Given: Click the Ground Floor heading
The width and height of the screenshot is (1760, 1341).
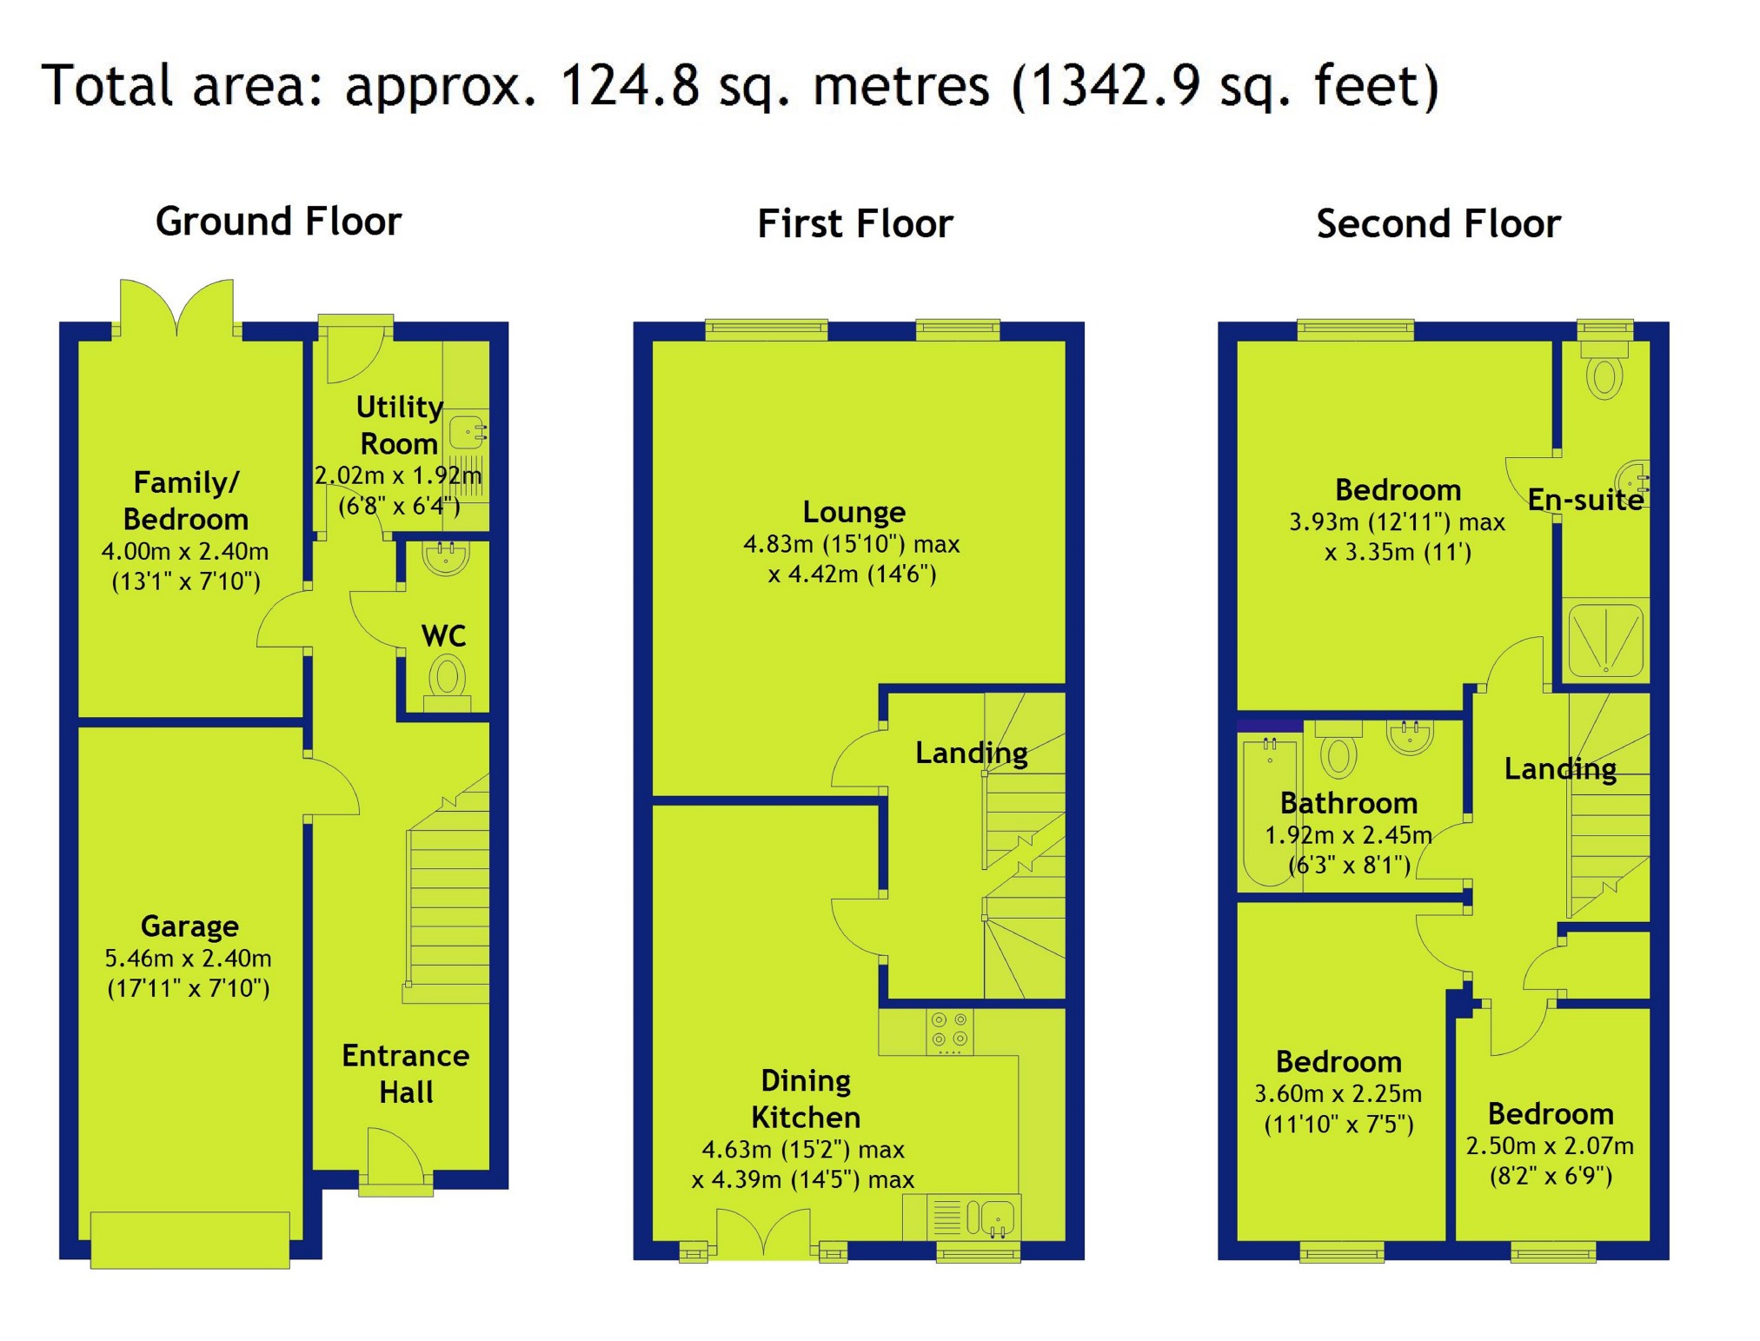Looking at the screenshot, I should [x=278, y=222].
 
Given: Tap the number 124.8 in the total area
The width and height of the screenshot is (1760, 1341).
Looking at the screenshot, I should [x=629, y=85].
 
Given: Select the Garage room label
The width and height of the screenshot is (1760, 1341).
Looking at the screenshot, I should [x=189, y=926].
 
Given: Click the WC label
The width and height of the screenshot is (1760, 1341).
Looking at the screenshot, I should [x=443, y=635].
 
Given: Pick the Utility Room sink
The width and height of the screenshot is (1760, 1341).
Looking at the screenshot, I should [x=468, y=431].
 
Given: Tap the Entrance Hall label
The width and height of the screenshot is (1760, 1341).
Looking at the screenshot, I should [x=405, y=1073].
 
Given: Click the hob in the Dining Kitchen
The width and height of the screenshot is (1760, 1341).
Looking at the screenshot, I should [x=949, y=1031].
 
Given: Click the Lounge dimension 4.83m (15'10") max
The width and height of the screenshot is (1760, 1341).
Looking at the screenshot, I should [x=851, y=544].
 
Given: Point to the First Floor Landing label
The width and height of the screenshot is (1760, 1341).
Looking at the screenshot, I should [x=971, y=753].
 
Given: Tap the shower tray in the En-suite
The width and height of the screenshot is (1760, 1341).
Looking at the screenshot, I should [x=1605, y=640].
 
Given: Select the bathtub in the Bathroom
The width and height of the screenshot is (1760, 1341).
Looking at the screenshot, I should [x=1269, y=809].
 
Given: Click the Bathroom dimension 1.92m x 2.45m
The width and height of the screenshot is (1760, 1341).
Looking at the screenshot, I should [x=1347, y=835].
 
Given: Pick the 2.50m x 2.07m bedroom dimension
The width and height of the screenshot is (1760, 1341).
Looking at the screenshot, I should [x=1550, y=1145].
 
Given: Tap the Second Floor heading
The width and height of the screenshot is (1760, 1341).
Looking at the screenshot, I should [x=1438, y=223].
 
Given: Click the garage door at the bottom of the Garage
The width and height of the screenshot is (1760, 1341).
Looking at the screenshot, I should [x=189, y=1239].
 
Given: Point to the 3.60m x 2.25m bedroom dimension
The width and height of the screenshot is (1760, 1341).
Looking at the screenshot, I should [x=1338, y=1093].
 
